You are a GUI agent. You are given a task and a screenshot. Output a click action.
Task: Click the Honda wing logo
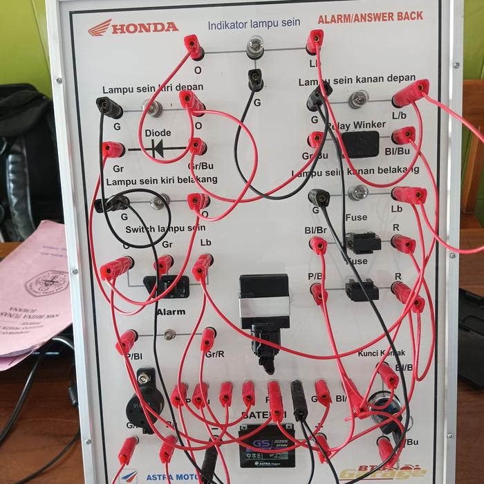coord(99,27)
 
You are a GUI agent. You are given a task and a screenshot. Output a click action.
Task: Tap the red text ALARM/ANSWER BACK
coord(370,17)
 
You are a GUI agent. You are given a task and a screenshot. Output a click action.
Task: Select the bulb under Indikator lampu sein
coord(255,48)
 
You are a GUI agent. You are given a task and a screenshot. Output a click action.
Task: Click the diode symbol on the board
coord(159,147)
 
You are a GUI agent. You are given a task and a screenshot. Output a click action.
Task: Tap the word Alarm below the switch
coord(170,312)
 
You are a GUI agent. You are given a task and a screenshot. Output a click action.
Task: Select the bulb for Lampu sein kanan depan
coord(357,100)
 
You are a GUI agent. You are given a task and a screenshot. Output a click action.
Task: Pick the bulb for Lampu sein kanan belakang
coord(357,192)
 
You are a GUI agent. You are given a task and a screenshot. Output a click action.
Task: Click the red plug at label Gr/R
coord(208,339)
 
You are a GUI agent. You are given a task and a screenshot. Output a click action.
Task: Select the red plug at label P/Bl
coord(127,341)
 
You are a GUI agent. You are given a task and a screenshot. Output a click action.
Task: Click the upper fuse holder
coord(362,243)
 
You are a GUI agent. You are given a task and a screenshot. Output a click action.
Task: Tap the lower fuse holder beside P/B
coord(362,290)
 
